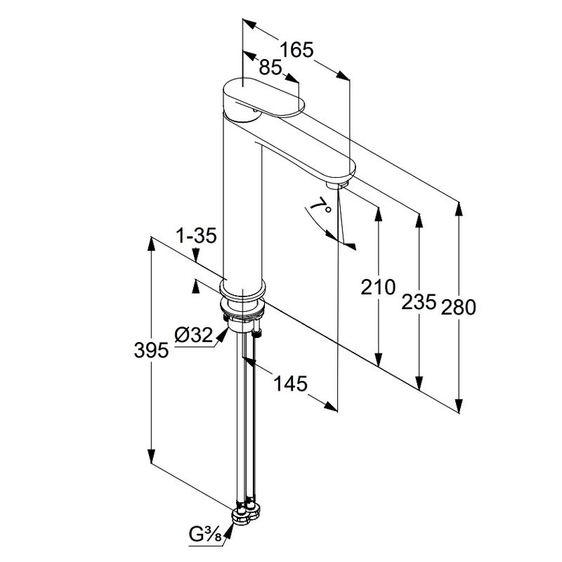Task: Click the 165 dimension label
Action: pos(296,50)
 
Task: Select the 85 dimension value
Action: pos(270,67)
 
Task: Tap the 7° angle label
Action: pos(320,207)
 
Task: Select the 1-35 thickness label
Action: pos(196,237)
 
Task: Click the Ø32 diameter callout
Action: pos(192,336)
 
